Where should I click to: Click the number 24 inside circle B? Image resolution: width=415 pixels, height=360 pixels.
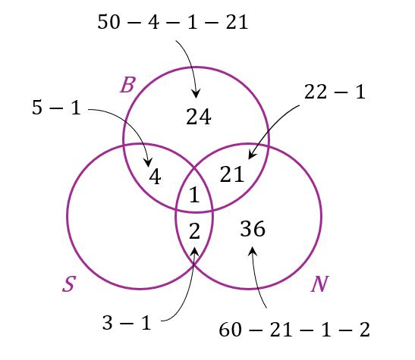click(x=199, y=117)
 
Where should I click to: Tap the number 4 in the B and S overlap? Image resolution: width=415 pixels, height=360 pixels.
click(x=155, y=177)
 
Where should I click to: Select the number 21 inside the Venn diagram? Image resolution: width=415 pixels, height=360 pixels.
click(x=232, y=174)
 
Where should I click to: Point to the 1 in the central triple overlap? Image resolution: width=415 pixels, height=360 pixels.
click(x=194, y=195)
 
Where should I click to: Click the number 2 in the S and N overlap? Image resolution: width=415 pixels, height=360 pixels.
click(x=194, y=231)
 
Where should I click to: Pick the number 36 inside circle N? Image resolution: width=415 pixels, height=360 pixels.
click(x=253, y=229)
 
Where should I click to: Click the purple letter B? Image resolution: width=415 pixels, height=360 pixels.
click(x=128, y=85)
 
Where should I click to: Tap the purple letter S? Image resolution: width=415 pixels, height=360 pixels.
click(x=69, y=284)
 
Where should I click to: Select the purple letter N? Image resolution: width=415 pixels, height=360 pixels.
click(x=320, y=284)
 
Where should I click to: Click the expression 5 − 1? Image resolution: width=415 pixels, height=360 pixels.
click(x=56, y=108)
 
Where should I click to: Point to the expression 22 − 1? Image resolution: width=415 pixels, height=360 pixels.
click(x=335, y=92)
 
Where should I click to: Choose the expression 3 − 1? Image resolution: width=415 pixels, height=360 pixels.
click(x=127, y=323)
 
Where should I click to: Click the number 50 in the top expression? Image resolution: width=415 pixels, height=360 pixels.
click(x=109, y=22)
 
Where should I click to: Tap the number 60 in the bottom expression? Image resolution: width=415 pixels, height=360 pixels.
click(x=231, y=330)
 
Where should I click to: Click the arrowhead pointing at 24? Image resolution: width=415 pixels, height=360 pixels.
click(x=196, y=95)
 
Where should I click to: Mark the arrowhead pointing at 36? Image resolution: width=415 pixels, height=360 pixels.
click(x=252, y=250)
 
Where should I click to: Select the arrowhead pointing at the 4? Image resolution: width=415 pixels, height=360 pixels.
click(x=148, y=162)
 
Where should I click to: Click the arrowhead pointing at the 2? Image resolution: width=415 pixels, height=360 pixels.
click(x=195, y=252)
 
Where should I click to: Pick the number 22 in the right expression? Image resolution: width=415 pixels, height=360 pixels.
click(x=315, y=92)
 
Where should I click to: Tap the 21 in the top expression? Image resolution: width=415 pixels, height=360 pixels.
click(x=237, y=22)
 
